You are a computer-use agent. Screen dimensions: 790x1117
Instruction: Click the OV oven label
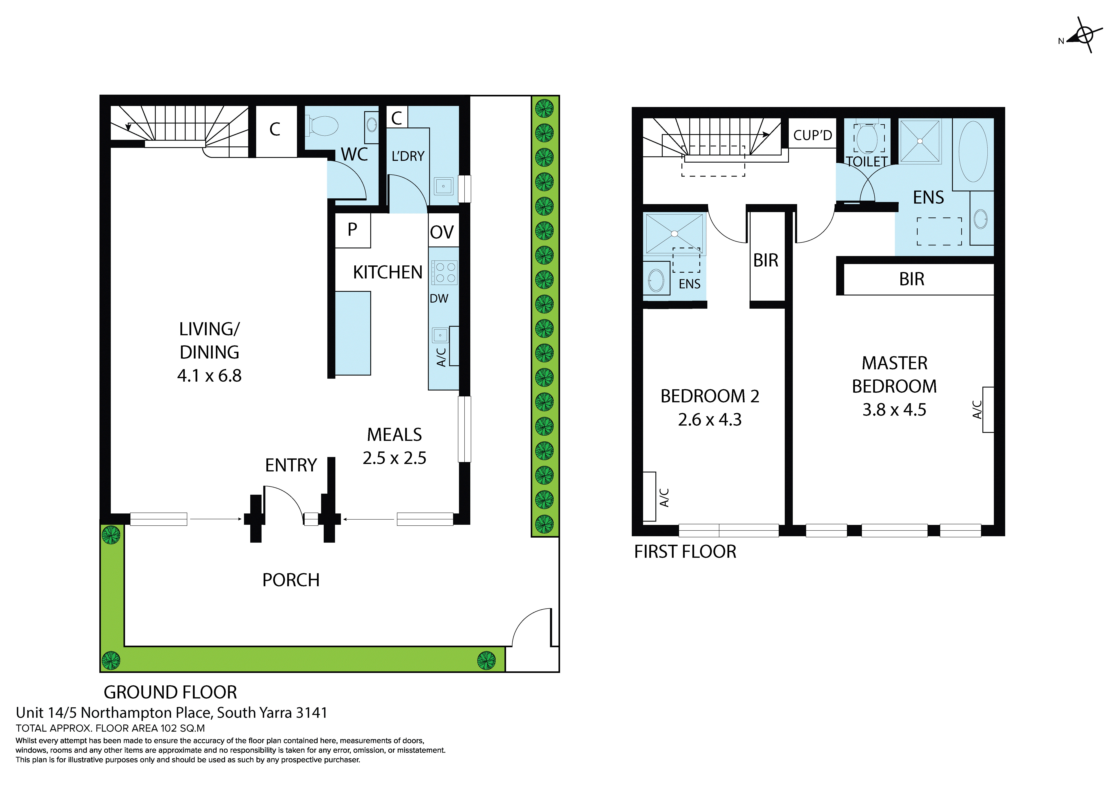[442, 232]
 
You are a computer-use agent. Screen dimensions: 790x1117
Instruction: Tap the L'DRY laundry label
[408, 156]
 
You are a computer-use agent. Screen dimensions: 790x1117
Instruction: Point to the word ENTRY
[291, 465]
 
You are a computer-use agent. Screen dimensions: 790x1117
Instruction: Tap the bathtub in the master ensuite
[973, 152]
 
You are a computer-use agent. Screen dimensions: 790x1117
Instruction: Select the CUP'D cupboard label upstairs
[812, 135]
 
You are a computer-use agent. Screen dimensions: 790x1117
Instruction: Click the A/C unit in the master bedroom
[988, 409]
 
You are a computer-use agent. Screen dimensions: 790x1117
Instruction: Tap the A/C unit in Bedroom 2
[649, 496]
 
